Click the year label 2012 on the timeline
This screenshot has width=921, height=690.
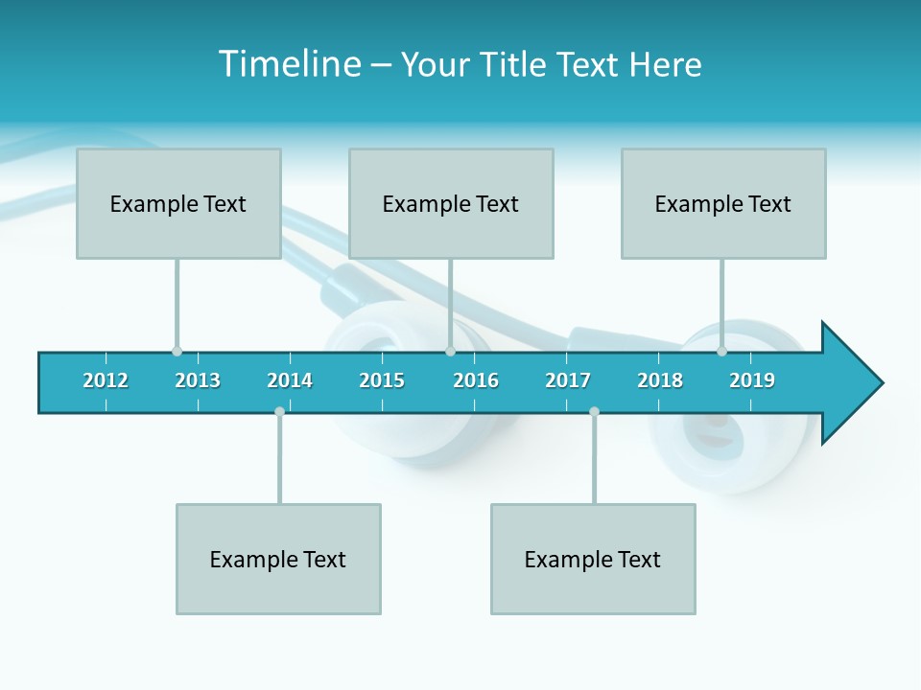click(x=106, y=380)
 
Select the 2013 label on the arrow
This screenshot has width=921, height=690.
click(x=198, y=380)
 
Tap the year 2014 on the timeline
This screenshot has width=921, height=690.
click(x=290, y=380)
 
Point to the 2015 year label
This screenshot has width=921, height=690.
click(x=382, y=380)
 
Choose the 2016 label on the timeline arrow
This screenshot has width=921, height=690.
click(x=476, y=380)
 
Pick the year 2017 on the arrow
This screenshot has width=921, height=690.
click(x=568, y=380)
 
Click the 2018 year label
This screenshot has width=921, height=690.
click(x=660, y=380)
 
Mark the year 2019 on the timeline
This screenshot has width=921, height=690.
click(x=752, y=380)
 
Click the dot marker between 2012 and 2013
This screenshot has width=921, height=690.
click(x=177, y=352)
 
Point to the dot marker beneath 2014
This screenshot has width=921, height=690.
click(x=279, y=411)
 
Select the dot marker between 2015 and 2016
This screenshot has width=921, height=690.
click(x=450, y=352)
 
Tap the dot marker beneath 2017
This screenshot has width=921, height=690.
click(x=594, y=411)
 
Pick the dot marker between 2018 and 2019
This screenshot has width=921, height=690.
click(x=721, y=352)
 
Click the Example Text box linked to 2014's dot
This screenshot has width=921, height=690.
click(x=278, y=559)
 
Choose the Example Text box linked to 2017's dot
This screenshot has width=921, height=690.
click(x=593, y=559)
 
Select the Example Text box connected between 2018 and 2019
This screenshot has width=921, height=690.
click(x=723, y=203)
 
